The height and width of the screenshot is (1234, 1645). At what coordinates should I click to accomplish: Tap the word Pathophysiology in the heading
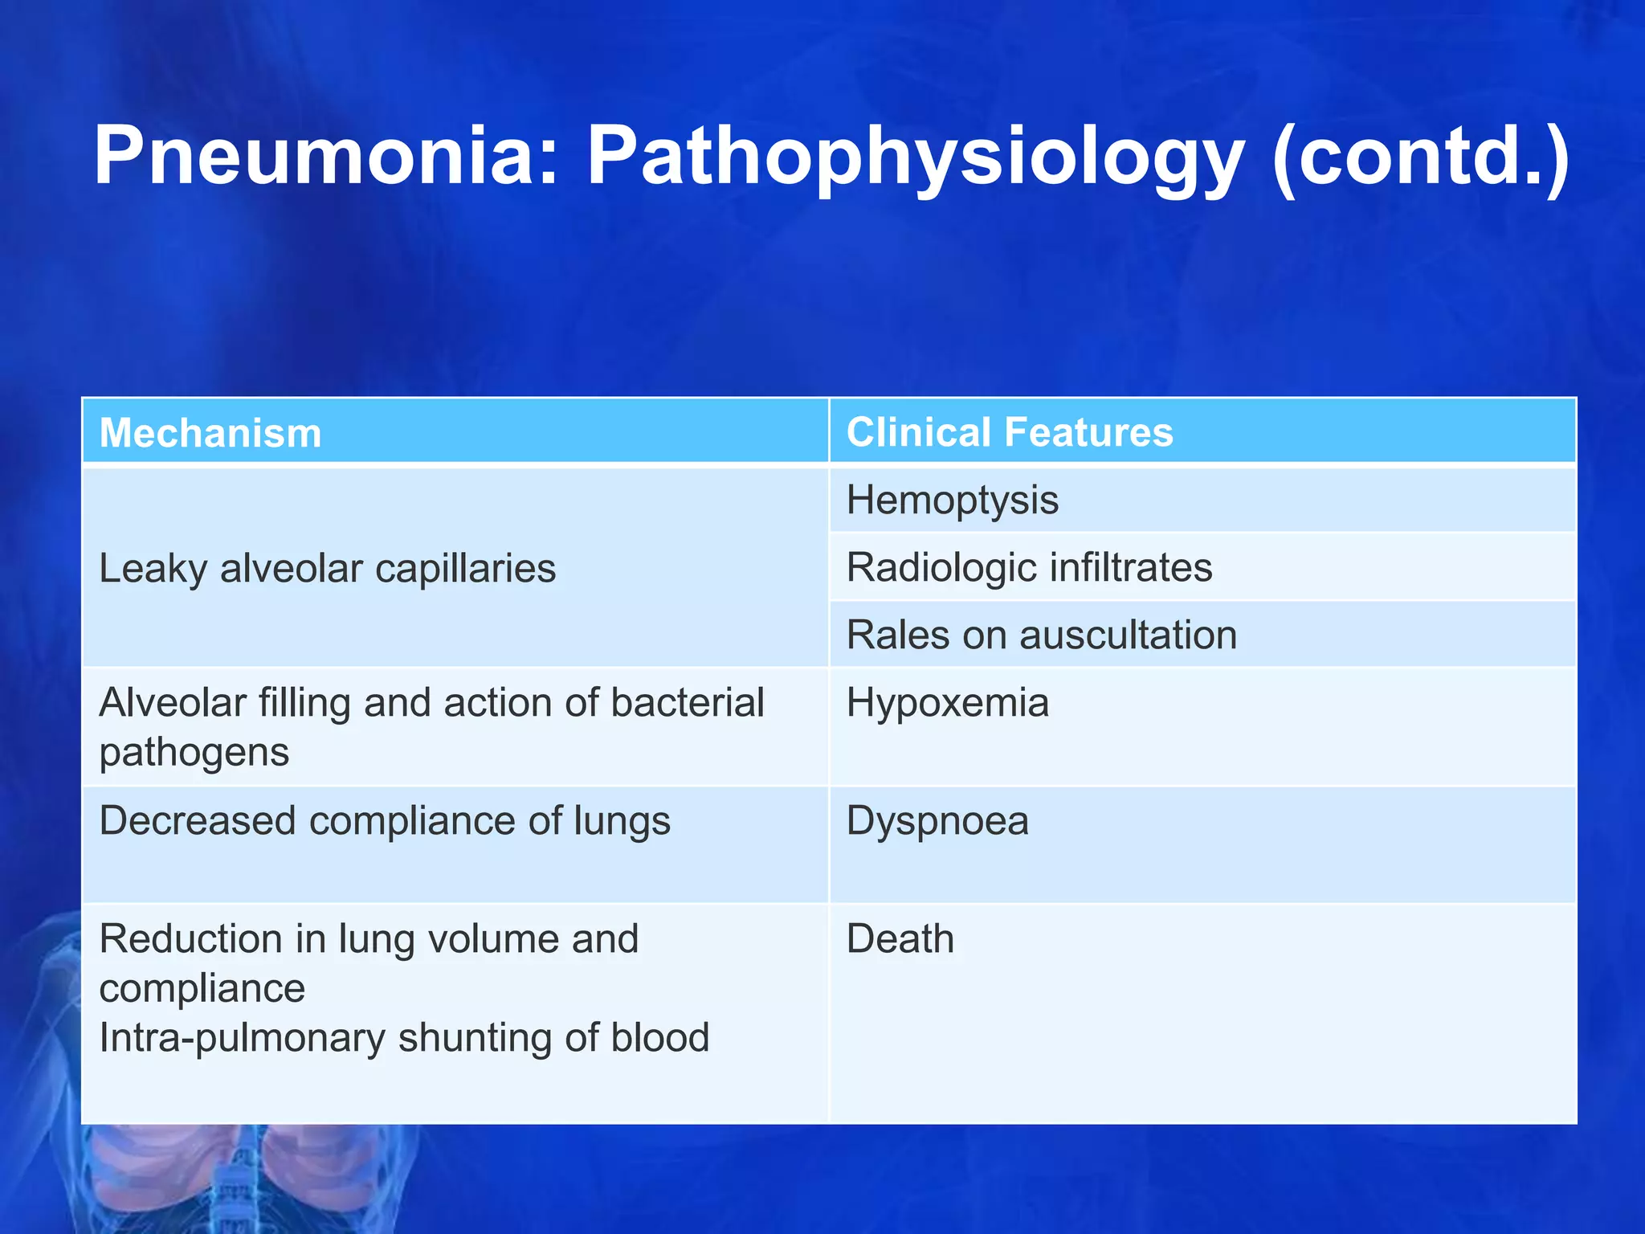coord(916,157)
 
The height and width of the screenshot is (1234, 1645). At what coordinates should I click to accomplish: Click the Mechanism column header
coord(210,433)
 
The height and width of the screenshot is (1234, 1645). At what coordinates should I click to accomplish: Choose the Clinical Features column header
coord(1010,432)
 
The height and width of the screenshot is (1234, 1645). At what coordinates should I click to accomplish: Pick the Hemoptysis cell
coord(953,500)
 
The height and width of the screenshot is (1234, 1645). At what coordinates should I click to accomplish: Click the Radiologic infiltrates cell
coord(1029,567)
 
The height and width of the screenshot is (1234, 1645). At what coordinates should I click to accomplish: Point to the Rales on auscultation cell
coord(1042,635)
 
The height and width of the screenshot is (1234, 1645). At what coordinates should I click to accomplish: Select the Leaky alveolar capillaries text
coord(327,569)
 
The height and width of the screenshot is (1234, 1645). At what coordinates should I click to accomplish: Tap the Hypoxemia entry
coord(948,703)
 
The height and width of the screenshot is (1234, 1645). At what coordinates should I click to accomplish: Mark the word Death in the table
coord(900,938)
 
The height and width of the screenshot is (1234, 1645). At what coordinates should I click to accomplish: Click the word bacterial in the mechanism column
coord(687,703)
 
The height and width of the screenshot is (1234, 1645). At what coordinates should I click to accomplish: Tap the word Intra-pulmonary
coord(242,1038)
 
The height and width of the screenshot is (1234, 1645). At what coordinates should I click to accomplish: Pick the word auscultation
coord(1128,635)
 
